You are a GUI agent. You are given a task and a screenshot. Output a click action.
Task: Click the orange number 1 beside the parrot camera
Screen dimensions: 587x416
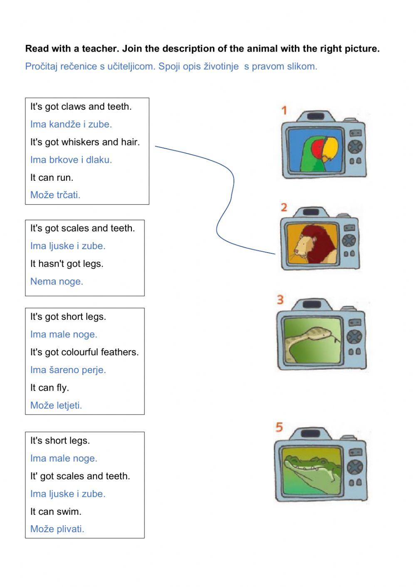(284, 111)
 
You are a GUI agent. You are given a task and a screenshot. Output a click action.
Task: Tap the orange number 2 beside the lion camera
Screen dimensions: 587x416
(284, 207)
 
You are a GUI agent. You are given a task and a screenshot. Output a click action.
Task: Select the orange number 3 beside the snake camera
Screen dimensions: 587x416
(280, 300)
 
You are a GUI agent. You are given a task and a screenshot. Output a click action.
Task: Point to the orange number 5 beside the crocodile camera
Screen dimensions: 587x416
(279, 427)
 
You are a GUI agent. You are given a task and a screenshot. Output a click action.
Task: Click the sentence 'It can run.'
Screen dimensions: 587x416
(52, 177)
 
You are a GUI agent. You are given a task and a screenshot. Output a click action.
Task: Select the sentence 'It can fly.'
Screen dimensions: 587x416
(50, 388)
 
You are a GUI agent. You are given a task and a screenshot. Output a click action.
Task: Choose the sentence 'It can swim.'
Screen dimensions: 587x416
(56, 511)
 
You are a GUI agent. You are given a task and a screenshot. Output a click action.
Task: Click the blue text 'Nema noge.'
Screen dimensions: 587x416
(57, 281)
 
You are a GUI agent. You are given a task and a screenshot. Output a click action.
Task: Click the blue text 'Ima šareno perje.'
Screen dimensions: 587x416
(68, 370)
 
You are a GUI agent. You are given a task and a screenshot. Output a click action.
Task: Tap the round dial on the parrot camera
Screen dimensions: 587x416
(355, 147)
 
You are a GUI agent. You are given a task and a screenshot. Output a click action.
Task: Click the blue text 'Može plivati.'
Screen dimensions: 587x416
(57, 529)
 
